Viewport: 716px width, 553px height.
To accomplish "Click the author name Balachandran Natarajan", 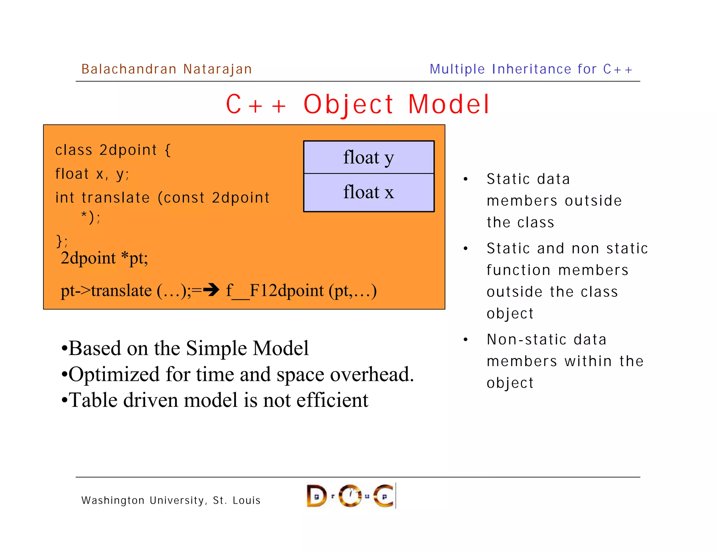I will click(166, 69).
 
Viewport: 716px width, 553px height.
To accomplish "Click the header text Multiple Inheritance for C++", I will click(531, 69).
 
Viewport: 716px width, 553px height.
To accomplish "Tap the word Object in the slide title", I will click(348, 105).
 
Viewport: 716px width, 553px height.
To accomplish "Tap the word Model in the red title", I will click(449, 105).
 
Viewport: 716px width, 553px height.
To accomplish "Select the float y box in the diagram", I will click(368, 157).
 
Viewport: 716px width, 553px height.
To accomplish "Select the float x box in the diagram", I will click(368, 192).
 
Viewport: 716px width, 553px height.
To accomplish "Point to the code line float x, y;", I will click(92, 174).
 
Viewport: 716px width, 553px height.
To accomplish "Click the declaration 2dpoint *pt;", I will click(104, 258).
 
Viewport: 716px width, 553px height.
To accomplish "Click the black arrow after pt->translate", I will click(212, 289).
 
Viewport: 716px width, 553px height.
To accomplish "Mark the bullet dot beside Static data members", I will click(465, 179).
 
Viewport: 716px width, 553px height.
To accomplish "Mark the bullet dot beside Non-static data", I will click(465, 340).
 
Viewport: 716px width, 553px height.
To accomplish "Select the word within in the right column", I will click(588, 361).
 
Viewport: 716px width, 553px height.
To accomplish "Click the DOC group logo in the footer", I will click(351, 496).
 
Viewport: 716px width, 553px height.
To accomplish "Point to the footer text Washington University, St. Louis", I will click(171, 501).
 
